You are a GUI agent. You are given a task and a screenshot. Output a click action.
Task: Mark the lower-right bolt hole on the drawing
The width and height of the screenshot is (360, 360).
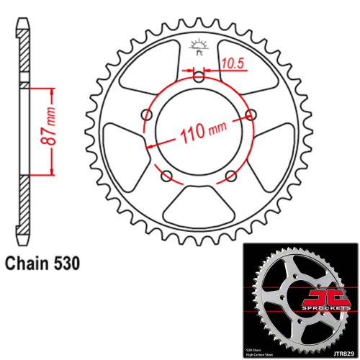[x=231, y=176]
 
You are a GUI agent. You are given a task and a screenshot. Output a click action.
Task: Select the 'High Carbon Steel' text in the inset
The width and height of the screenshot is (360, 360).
[x=266, y=353]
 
